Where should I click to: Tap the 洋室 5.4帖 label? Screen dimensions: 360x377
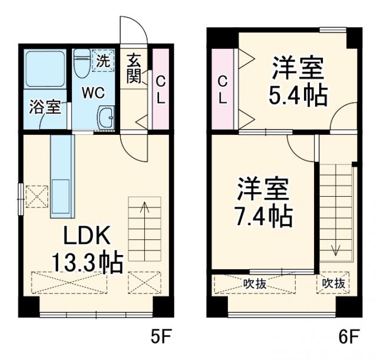[x=297, y=82]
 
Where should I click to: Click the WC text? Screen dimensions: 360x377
[x=93, y=93]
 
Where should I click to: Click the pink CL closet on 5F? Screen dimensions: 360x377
[x=160, y=88]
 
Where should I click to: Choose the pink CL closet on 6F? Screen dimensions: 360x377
[x=222, y=89]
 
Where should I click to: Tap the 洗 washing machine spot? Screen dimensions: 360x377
[x=104, y=60]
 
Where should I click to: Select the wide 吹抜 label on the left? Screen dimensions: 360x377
[x=255, y=283]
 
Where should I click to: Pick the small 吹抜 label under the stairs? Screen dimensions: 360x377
[x=333, y=283]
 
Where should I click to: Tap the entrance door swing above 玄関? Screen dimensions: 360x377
[x=133, y=29]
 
